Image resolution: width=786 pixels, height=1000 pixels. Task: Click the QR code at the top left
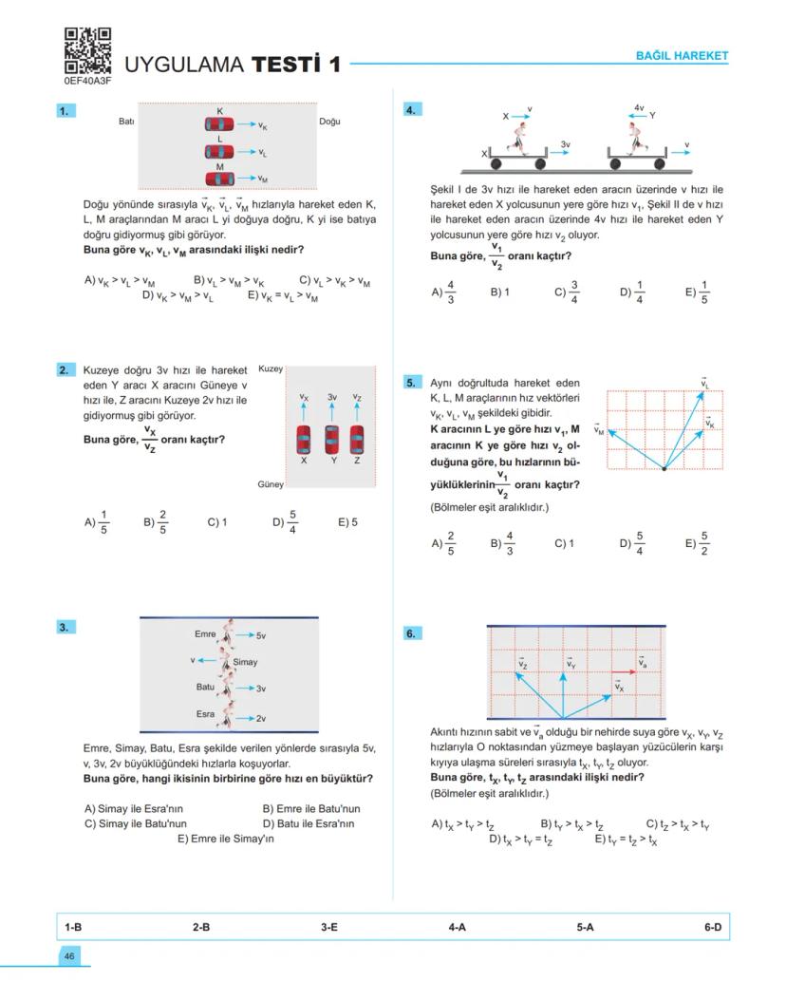[87, 51]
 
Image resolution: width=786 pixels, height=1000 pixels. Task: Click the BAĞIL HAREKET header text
[682, 56]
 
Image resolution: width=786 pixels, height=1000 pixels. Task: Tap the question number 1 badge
[65, 111]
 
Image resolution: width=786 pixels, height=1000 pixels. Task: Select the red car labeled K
[219, 124]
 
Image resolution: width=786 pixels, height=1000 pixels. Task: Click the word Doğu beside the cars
[329, 122]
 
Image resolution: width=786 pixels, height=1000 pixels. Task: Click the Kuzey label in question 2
[271, 368]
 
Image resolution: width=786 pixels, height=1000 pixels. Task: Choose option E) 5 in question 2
[347, 521]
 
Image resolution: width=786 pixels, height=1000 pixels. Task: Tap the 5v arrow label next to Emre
[262, 634]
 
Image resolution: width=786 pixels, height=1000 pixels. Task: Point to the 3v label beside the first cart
[565, 144]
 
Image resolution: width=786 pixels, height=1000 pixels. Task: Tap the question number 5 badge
[411, 383]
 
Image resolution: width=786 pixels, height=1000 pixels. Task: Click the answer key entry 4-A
[457, 926]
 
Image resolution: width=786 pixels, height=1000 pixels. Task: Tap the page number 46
[69, 956]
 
